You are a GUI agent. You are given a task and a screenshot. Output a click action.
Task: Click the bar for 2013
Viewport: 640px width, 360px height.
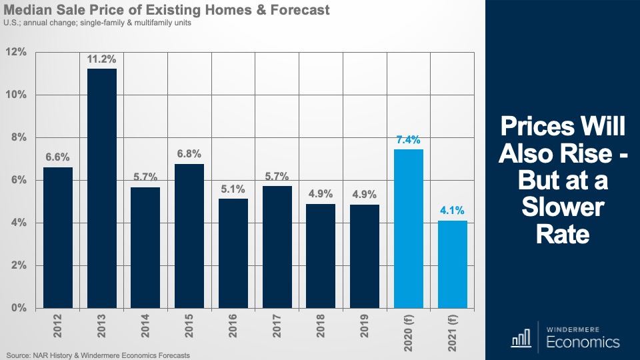pos(101,188)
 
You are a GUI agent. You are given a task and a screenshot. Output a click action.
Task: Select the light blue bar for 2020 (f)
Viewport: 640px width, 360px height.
pos(408,229)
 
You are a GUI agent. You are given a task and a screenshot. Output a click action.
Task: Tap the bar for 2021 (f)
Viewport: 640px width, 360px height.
pos(452,264)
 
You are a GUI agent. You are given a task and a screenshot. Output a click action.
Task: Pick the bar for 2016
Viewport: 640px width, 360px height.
pos(233,253)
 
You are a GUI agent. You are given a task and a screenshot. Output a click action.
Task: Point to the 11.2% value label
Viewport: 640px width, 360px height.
pos(101,59)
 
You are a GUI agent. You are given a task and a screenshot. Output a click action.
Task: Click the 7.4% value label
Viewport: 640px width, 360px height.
pos(408,140)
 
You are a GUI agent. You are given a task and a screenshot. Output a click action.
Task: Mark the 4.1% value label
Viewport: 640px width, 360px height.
pos(452,211)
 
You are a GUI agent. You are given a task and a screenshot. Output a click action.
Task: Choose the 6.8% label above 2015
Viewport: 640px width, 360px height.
pos(189,153)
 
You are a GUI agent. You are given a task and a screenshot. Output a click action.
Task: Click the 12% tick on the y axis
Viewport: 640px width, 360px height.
pos(16,52)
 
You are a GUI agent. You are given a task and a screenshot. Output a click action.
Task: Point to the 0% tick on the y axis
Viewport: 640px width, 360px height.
pos(18,308)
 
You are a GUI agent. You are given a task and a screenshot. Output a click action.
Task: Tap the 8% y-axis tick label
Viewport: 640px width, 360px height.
pos(18,137)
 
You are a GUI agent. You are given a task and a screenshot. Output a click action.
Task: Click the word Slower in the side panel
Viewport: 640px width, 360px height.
pos(563,209)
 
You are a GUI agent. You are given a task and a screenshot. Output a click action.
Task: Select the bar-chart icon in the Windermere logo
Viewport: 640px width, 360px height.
pos(521,339)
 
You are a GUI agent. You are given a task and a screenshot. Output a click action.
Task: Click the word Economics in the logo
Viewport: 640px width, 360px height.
pos(583,343)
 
